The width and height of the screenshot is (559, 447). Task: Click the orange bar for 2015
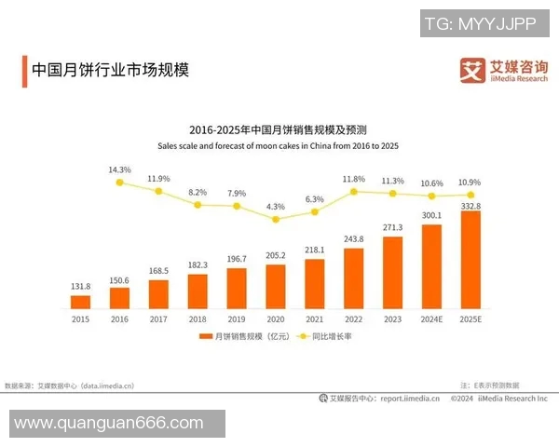[81, 302]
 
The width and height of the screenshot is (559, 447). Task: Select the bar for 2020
[276, 286]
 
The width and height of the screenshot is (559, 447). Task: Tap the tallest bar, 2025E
[470, 260]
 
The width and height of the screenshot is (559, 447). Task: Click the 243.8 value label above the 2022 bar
[354, 238]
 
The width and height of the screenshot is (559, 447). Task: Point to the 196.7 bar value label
[237, 259]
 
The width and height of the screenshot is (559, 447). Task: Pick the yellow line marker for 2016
[119, 183]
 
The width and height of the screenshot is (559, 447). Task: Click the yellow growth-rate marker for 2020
[276, 219]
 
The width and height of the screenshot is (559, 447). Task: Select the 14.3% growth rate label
[119, 169]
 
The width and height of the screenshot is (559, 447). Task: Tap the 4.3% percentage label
[276, 206]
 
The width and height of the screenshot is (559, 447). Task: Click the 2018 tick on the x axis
[198, 318]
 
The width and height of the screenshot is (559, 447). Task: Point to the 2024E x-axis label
[431, 318]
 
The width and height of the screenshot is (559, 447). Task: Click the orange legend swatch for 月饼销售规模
[206, 337]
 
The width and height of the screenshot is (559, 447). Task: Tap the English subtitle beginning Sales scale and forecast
[278, 146]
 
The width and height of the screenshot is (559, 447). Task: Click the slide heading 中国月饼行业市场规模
[110, 70]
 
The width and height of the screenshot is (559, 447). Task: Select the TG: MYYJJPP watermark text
[480, 24]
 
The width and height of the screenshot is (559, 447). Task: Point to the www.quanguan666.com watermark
[110, 423]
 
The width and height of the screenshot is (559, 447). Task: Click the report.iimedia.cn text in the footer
[409, 398]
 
